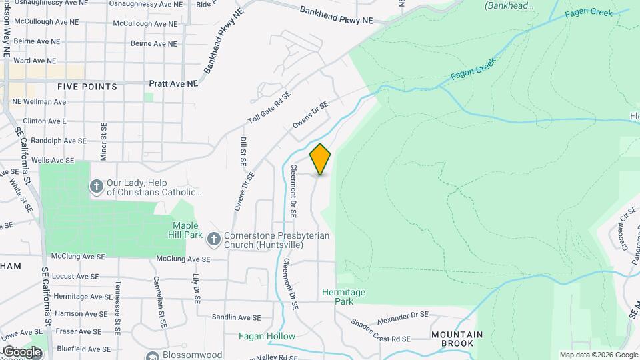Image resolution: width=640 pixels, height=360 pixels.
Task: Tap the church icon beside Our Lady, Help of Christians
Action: click(96, 187)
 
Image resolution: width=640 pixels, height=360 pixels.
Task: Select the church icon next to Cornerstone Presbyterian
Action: click(213, 239)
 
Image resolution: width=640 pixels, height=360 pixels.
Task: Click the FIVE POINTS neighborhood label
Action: click(87, 87)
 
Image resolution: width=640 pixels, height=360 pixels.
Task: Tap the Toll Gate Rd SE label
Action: click(269, 107)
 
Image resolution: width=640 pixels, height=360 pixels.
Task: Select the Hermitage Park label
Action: click(343, 297)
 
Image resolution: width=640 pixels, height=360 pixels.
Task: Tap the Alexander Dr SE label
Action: click(402, 318)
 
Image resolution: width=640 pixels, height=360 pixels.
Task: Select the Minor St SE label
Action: click(103, 141)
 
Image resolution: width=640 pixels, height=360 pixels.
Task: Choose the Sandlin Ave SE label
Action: click(237, 318)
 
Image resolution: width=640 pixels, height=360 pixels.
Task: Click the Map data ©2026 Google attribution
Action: click(598, 355)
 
